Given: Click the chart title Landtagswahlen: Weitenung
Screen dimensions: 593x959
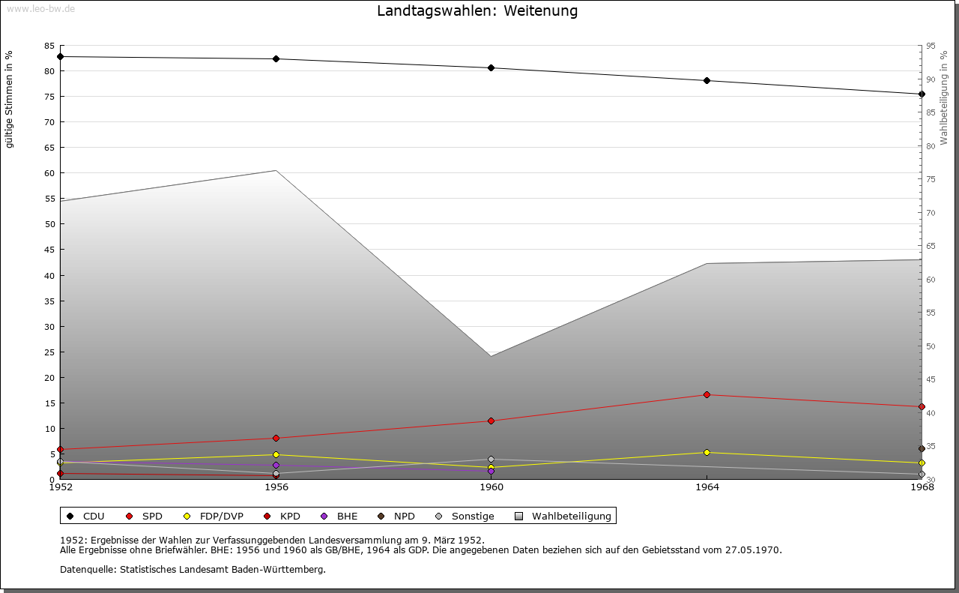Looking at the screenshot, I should (x=477, y=11).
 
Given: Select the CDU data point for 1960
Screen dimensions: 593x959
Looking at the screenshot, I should (x=491, y=68).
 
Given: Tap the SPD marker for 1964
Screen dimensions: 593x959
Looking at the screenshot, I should (x=707, y=395).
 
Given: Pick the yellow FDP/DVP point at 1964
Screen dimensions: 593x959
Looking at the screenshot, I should (x=707, y=453).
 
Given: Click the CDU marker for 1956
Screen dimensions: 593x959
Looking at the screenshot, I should (x=276, y=59).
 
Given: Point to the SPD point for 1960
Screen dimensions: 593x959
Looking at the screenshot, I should (x=491, y=421).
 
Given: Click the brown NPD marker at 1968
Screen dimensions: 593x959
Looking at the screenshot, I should (x=922, y=449).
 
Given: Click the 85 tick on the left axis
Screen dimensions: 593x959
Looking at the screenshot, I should (x=49, y=46).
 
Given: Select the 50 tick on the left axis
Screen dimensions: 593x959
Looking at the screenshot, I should (x=49, y=224).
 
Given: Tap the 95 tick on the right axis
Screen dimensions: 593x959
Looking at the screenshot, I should (x=931, y=46).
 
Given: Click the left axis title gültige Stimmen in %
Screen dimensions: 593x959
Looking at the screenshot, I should (x=10, y=99).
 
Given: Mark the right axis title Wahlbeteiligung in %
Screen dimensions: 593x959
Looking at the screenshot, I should (x=944, y=94).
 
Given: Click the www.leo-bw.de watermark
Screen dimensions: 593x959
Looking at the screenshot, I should (x=40, y=9).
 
